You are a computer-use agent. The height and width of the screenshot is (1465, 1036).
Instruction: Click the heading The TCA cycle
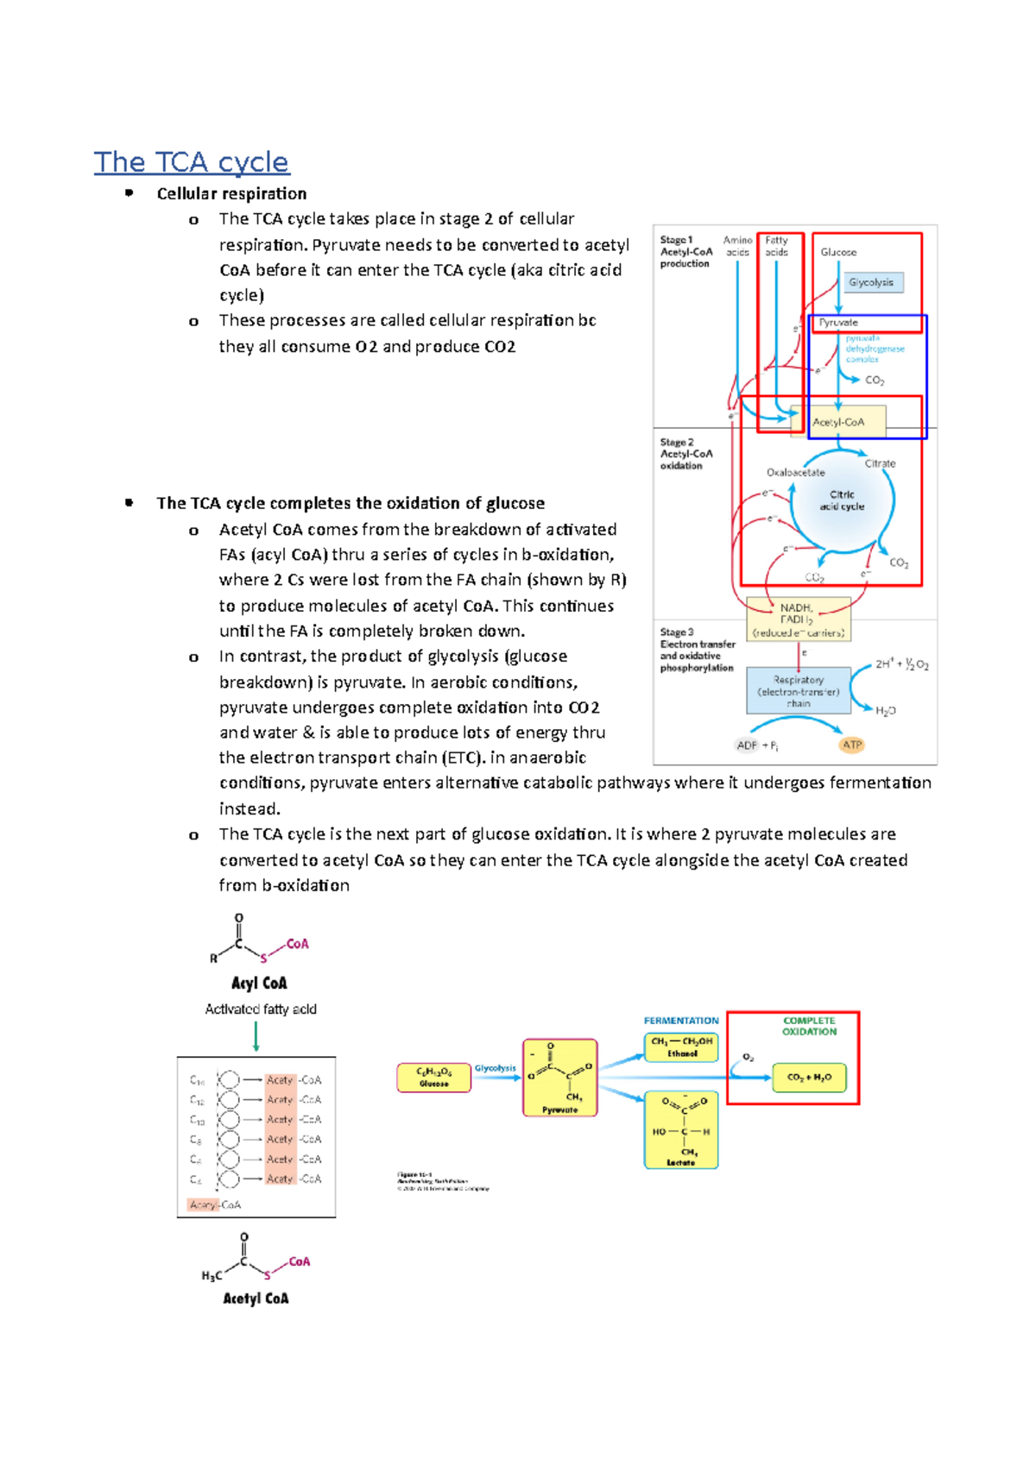pyautogui.click(x=191, y=162)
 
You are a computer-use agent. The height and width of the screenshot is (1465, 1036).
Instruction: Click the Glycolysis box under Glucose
pyautogui.click(x=871, y=282)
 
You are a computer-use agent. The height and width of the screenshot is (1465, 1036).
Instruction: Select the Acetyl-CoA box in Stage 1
pyautogui.click(x=839, y=422)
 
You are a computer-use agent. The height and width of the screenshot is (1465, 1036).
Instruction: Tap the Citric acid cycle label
pyautogui.click(x=842, y=500)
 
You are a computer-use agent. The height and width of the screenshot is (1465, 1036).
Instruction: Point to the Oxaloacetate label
pyautogui.click(x=795, y=472)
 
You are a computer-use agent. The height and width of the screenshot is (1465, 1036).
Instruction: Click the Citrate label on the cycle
pyautogui.click(x=880, y=463)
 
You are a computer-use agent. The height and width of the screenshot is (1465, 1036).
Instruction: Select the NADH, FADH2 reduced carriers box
pyautogui.click(x=798, y=619)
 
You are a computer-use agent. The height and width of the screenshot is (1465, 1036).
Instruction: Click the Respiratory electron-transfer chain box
pyautogui.click(x=799, y=691)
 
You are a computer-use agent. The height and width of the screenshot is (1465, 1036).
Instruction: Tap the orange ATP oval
pyautogui.click(x=852, y=745)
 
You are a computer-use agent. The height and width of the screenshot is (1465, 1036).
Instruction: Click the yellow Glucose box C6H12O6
pyautogui.click(x=433, y=1077)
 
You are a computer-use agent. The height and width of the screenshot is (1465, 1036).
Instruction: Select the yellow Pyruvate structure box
pyautogui.click(x=559, y=1078)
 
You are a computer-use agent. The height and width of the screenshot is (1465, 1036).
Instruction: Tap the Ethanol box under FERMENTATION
pyautogui.click(x=682, y=1047)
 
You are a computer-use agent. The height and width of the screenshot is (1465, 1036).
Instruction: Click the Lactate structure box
pyautogui.click(x=681, y=1130)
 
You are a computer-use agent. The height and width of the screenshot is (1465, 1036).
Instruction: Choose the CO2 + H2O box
pyautogui.click(x=809, y=1077)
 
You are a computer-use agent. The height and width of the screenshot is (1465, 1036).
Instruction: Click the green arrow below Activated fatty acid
pyautogui.click(x=256, y=1037)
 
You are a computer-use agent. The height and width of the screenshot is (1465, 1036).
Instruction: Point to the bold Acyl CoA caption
pyautogui.click(x=259, y=983)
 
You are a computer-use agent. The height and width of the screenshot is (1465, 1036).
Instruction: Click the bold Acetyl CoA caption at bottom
pyautogui.click(x=256, y=1298)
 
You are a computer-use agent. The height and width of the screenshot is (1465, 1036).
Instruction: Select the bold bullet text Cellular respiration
pyautogui.click(x=231, y=193)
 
